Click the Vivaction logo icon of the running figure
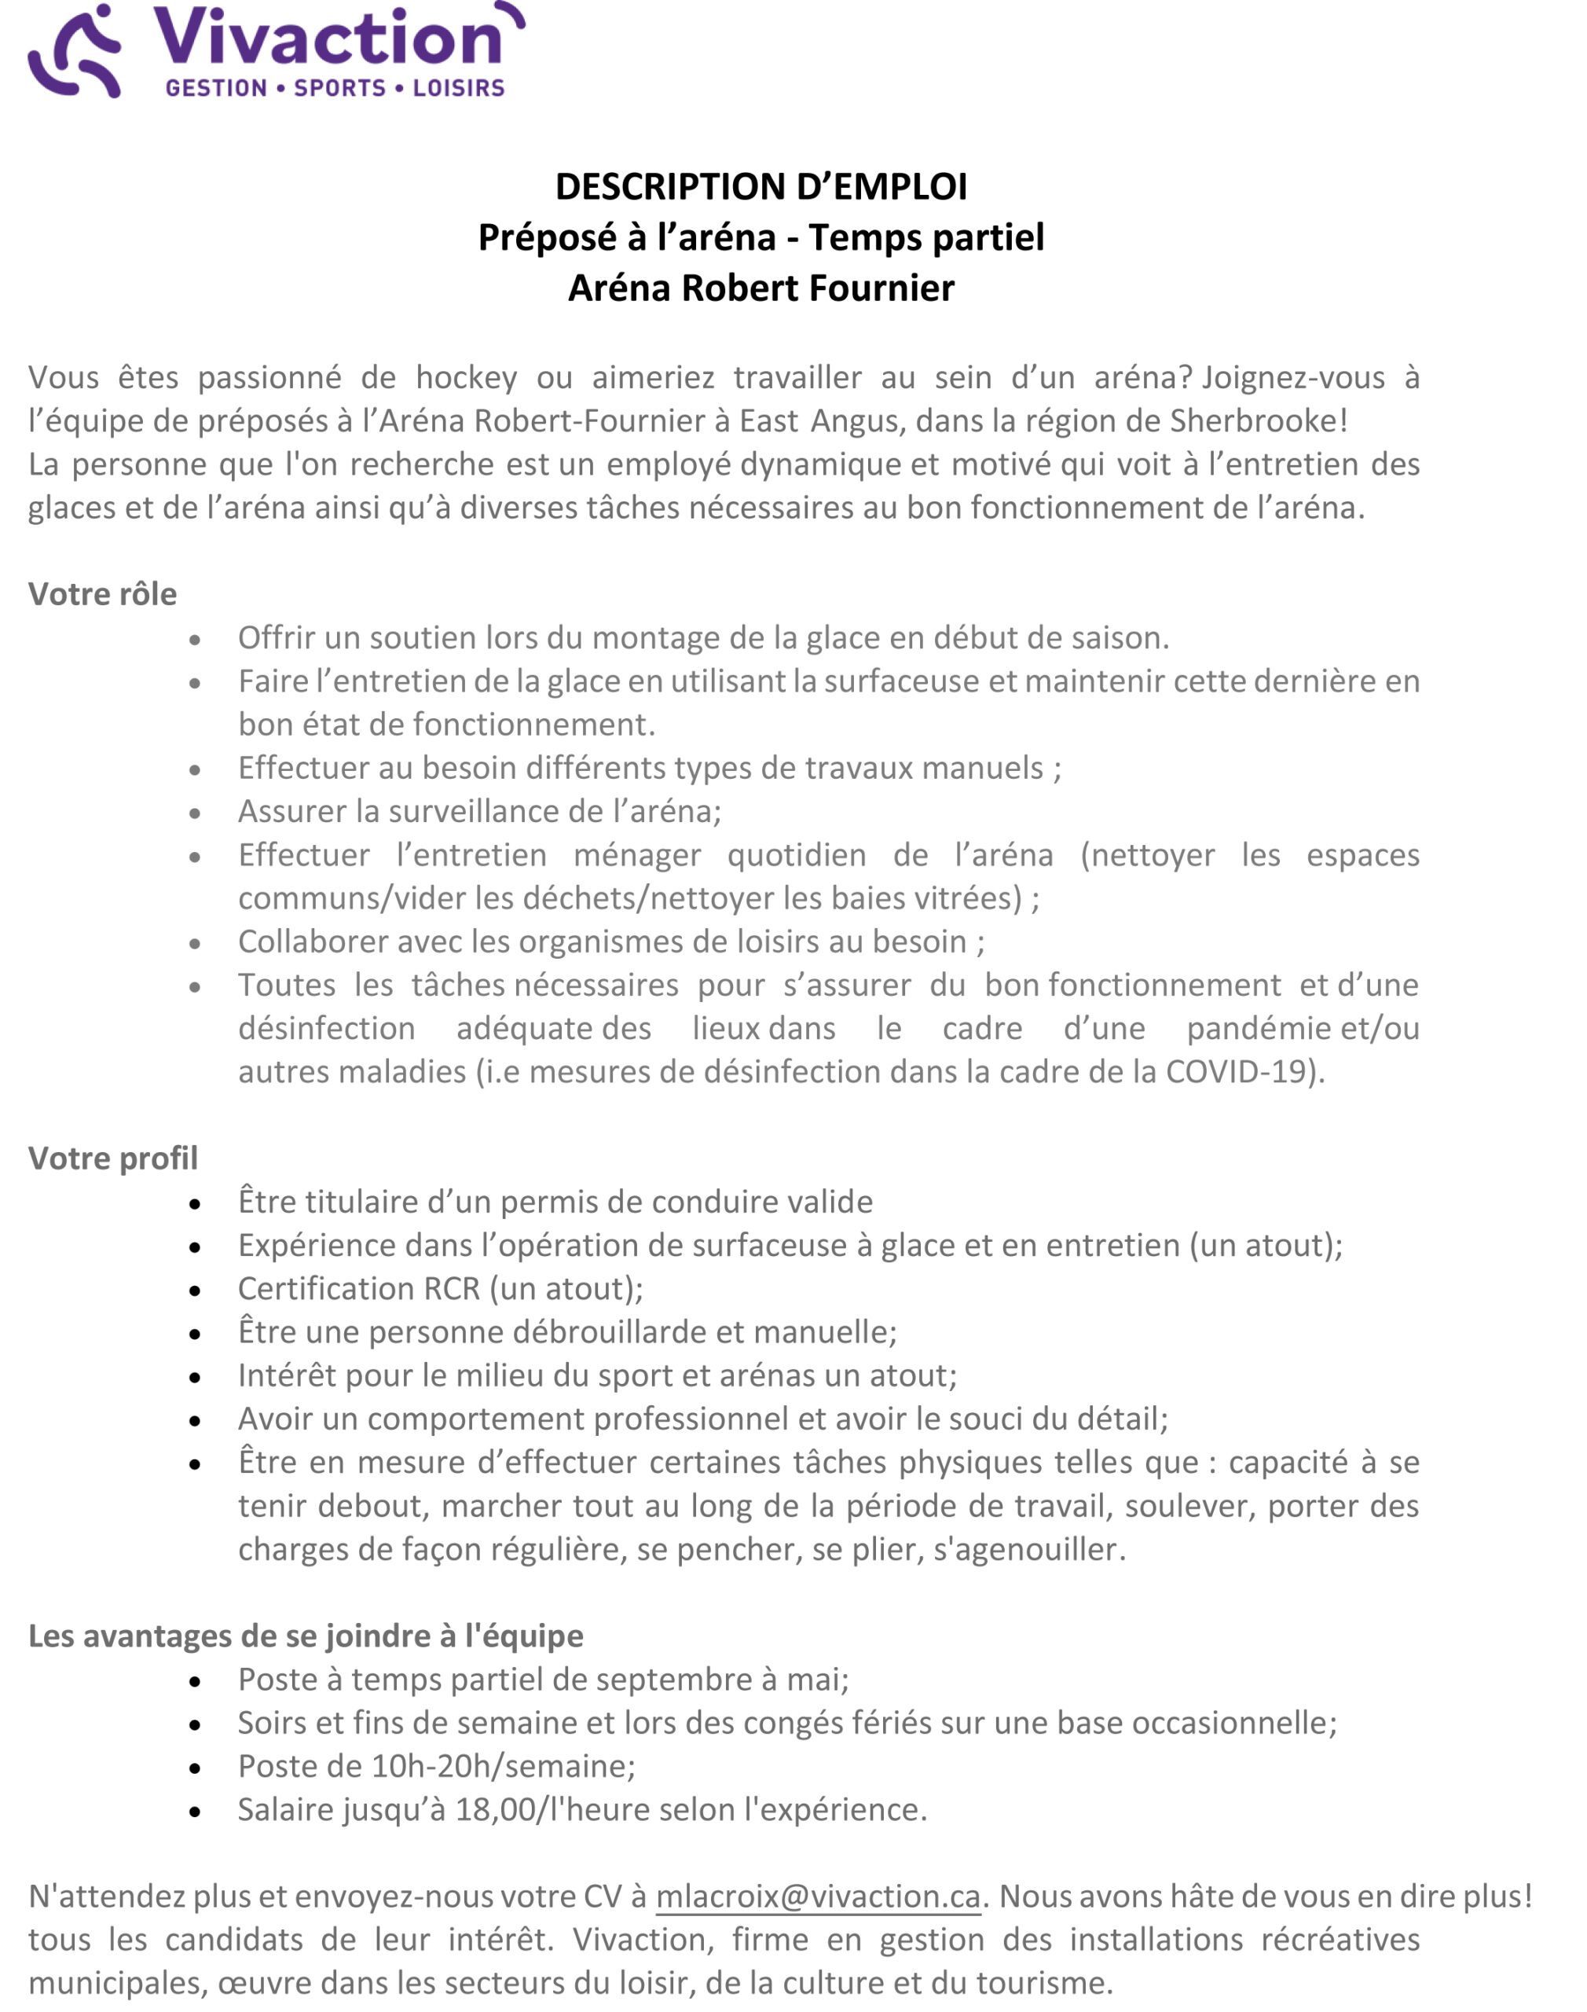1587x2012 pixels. tap(75, 52)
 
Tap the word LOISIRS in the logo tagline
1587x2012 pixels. tap(458, 88)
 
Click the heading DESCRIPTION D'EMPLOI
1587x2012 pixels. tap(761, 187)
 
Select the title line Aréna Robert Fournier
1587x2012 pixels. tap(761, 288)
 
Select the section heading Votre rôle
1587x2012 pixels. tap(102, 594)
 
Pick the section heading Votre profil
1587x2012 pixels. tap(112, 1158)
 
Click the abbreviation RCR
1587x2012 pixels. tap(452, 1288)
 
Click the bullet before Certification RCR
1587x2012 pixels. tap(194, 1291)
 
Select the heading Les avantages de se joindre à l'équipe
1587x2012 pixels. tap(306, 1636)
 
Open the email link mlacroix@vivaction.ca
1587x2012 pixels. tap(818, 1896)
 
